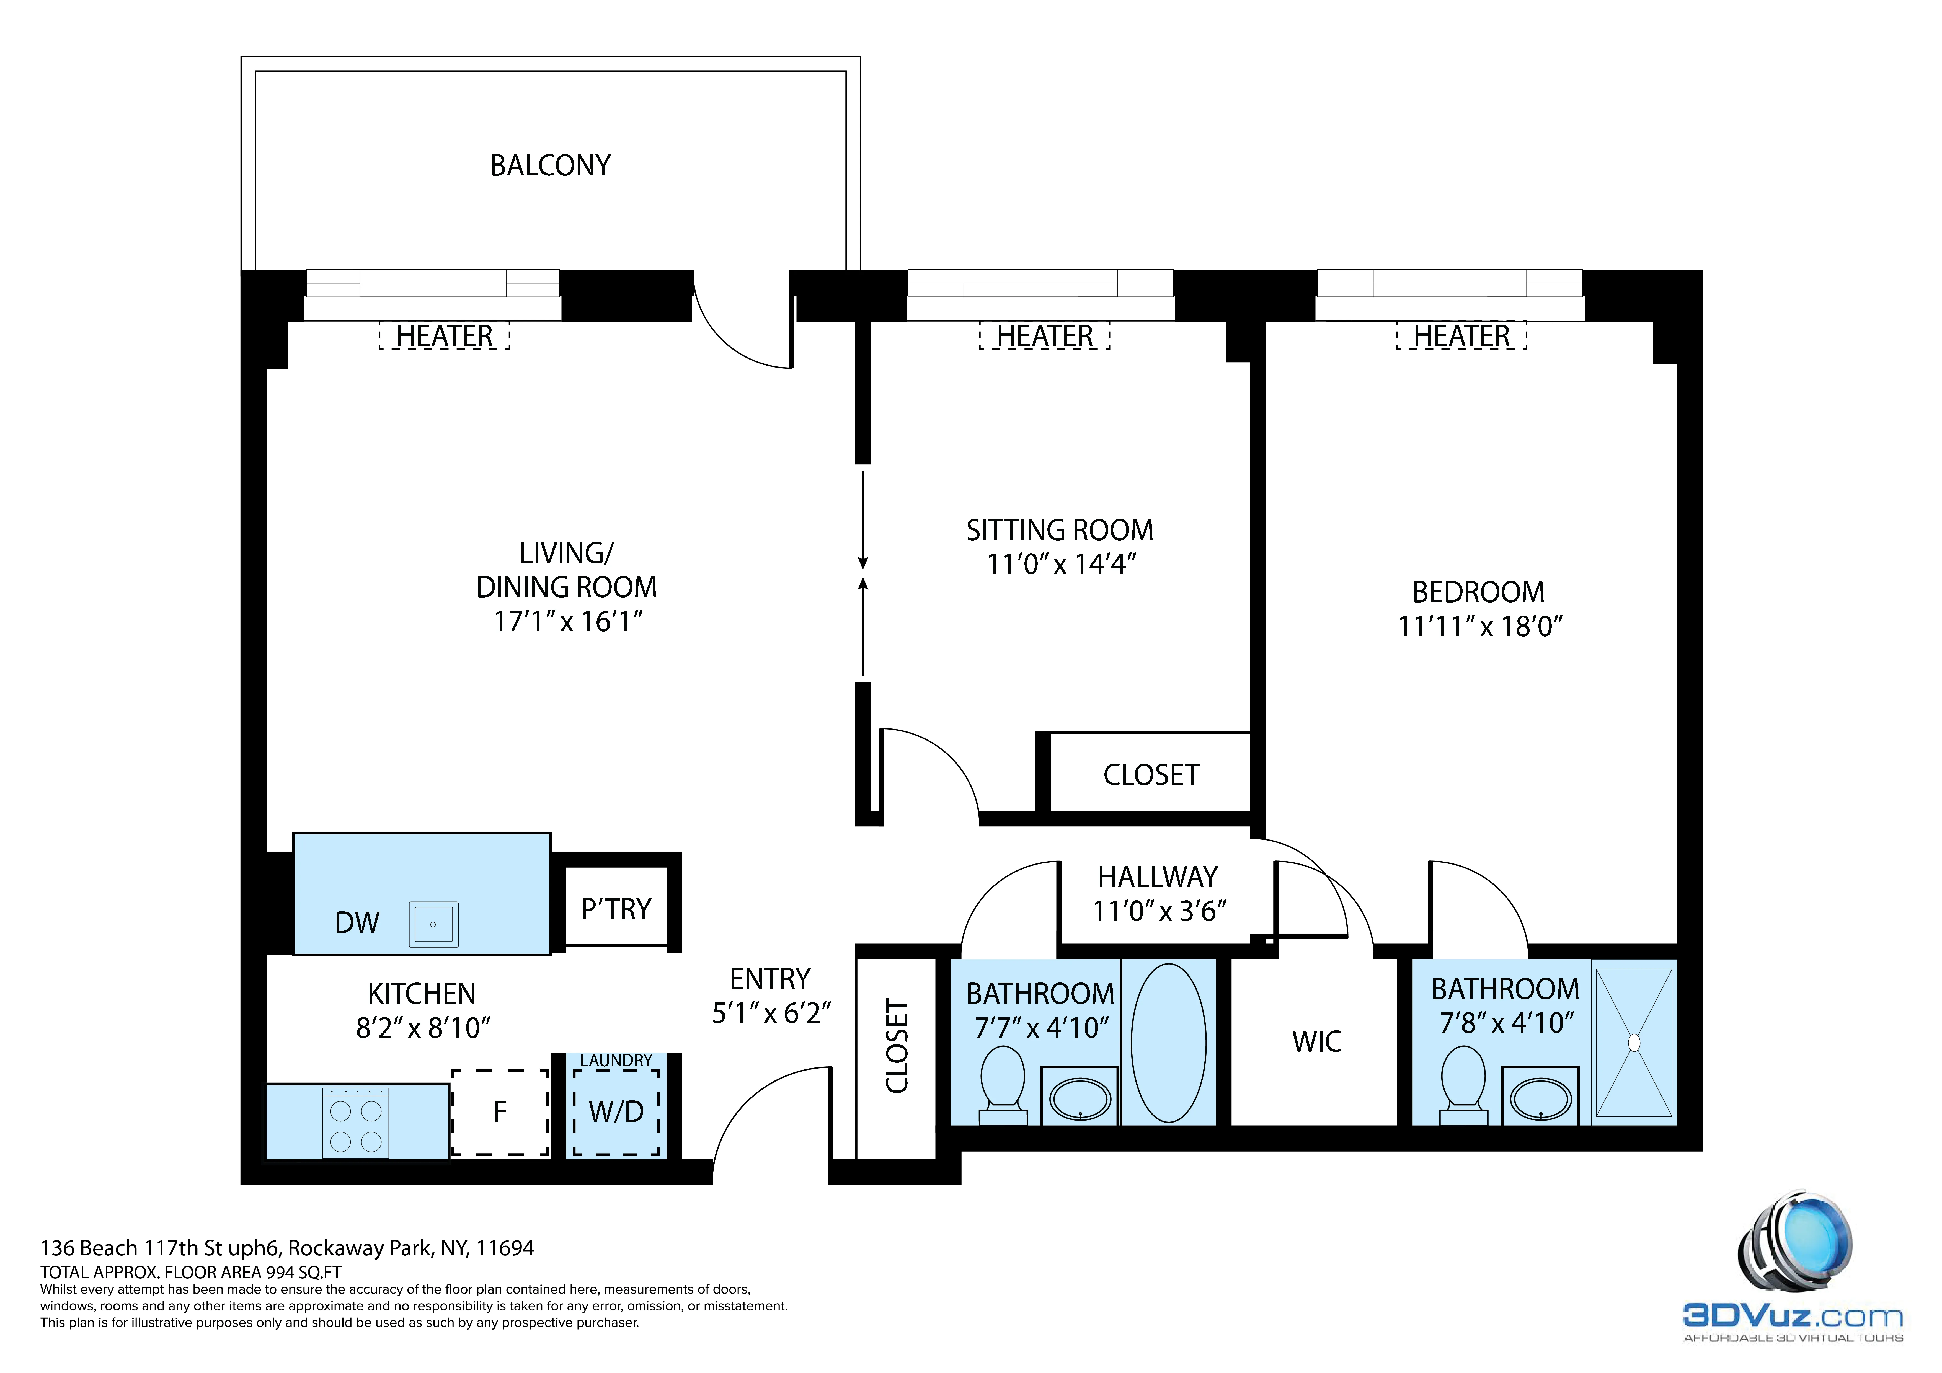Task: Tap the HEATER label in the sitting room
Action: point(1045,336)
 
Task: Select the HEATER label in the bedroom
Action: point(1461,336)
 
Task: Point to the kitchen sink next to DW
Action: point(433,924)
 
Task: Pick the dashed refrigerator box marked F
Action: point(500,1111)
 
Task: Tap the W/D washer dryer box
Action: point(616,1111)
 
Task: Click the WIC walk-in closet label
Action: point(1316,1041)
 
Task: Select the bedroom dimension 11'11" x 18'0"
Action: point(1479,626)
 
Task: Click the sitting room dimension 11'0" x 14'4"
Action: point(1061,564)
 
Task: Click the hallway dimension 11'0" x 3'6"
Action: point(1159,911)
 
